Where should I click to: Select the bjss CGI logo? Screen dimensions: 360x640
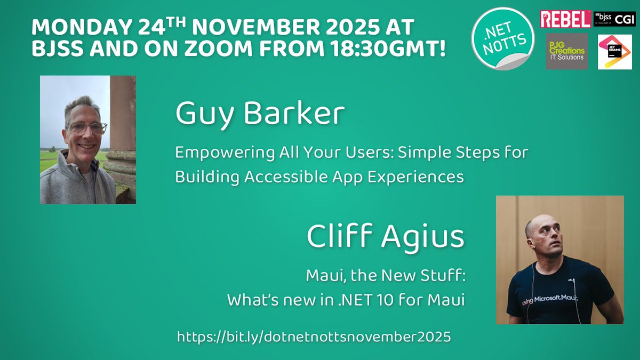click(x=614, y=19)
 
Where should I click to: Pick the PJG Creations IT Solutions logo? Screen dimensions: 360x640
click(x=566, y=51)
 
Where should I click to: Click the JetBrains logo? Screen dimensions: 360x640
click(x=614, y=52)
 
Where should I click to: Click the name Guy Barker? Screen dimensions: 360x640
click(x=260, y=114)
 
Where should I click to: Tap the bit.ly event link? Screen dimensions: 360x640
click(x=314, y=337)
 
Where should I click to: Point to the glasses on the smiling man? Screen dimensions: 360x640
click(x=86, y=128)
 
